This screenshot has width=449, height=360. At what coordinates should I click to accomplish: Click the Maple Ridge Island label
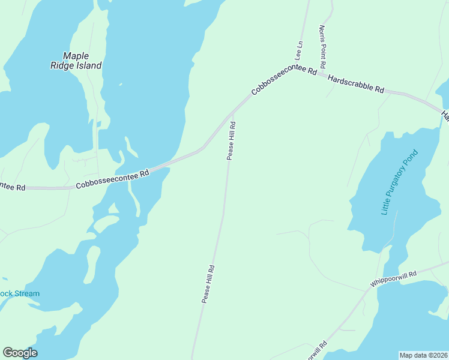tap(76, 61)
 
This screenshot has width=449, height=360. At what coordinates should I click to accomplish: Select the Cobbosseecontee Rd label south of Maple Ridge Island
tap(112, 179)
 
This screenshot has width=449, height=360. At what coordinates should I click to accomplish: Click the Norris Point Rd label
tap(322, 46)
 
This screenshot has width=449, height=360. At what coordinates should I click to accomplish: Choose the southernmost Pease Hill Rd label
tap(208, 284)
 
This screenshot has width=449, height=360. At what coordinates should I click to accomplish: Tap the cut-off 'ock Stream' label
tap(20, 294)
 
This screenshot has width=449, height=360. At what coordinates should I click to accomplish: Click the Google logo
tap(20, 353)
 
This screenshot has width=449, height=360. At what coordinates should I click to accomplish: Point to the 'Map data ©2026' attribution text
tap(423, 355)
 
